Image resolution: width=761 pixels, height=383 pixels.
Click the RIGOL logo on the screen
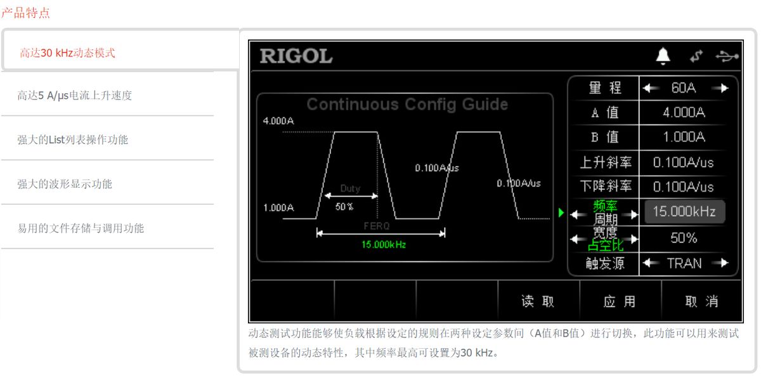[296, 56]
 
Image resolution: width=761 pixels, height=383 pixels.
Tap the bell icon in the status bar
[663, 56]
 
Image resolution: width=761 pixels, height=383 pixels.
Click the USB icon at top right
[727, 56]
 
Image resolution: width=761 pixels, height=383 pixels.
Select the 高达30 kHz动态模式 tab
[67, 53]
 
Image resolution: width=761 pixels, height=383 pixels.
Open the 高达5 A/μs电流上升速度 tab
[75, 96]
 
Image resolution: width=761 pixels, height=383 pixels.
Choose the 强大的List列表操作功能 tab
[73, 140]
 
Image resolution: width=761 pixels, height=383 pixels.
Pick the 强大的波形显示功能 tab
[65, 184]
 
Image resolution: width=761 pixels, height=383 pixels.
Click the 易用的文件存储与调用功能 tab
[81, 228]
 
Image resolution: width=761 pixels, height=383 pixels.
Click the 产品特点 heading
[25, 13]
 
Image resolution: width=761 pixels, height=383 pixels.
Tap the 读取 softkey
[538, 302]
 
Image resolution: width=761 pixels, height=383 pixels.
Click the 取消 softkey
[701, 302]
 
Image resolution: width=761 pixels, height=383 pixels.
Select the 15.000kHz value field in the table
[684, 212]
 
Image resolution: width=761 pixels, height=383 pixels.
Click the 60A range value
[684, 88]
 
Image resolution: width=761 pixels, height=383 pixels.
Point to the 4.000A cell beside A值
[684, 113]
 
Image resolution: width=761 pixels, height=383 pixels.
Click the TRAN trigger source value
[684, 263]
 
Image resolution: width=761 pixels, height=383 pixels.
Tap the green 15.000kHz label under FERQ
[383, 245]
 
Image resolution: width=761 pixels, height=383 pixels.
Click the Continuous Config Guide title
[407, 105]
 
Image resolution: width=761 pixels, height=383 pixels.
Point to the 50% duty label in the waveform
[344, 207]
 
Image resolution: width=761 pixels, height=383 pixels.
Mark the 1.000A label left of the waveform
[278, 207]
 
